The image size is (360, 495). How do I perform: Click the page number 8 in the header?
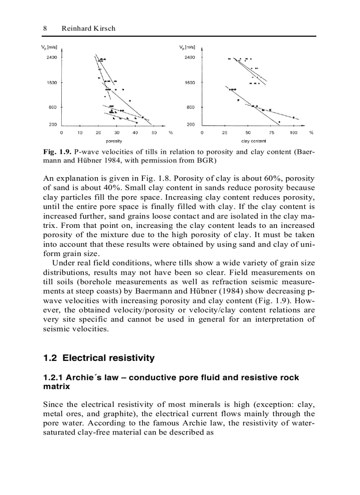[x=45, y=28]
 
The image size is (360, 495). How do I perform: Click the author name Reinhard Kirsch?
[x=88, y=28]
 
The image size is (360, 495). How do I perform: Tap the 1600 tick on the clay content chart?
[x=190, y=82]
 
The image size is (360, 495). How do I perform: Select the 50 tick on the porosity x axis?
[x=154, y=132]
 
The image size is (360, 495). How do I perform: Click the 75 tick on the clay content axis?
[x=271, y=132]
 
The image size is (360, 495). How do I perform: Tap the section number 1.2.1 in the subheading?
[x=54, y=378]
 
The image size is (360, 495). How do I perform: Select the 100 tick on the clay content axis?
[x=294, y=132]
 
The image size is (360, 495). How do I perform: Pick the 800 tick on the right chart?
[x=191, y=107]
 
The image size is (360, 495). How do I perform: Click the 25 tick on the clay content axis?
[x=225, y=132]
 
